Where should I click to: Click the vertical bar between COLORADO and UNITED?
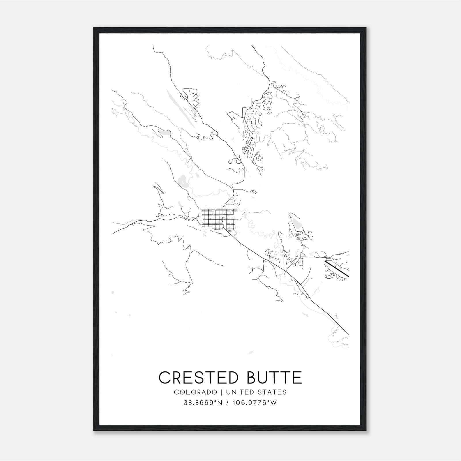(x=222, y=392)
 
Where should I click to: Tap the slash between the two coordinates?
(x=228, y=403)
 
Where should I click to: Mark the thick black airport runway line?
(x=337, y=269)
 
